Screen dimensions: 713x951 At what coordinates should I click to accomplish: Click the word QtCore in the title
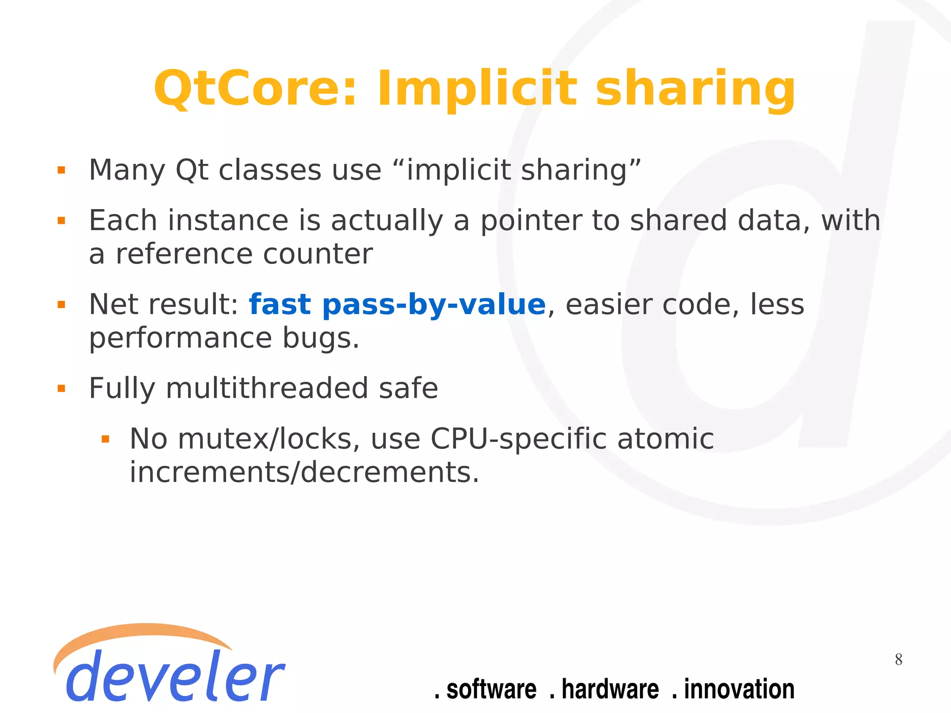click(x=254, y=89)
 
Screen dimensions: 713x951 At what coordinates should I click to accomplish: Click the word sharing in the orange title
click(x=695, y=89)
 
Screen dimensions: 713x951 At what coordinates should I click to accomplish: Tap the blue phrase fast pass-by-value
click(x=397, y=305)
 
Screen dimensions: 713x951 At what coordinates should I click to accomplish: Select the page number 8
click(x=899, y=660)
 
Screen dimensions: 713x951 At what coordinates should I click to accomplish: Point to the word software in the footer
click(x=491, y=689)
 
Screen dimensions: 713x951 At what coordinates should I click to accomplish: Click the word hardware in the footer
click(x=610, y=689)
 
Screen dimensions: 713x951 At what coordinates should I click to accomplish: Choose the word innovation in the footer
click(x=739, y=689)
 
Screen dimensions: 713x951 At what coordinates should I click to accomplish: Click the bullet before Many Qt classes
click(x=61, y=170)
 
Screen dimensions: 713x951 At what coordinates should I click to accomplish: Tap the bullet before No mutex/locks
click(x=105, y=439)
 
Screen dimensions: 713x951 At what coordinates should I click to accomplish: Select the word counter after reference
click(x=318, y=254)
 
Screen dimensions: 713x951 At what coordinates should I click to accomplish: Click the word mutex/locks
click(x=269, y=438)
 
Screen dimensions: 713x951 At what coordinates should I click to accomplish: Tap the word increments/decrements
click(x=304, y=472)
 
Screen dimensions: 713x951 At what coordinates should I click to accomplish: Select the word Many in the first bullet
click(x=127, y=170)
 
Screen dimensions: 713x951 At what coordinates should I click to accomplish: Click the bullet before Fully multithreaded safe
click(x=61, y=389)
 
